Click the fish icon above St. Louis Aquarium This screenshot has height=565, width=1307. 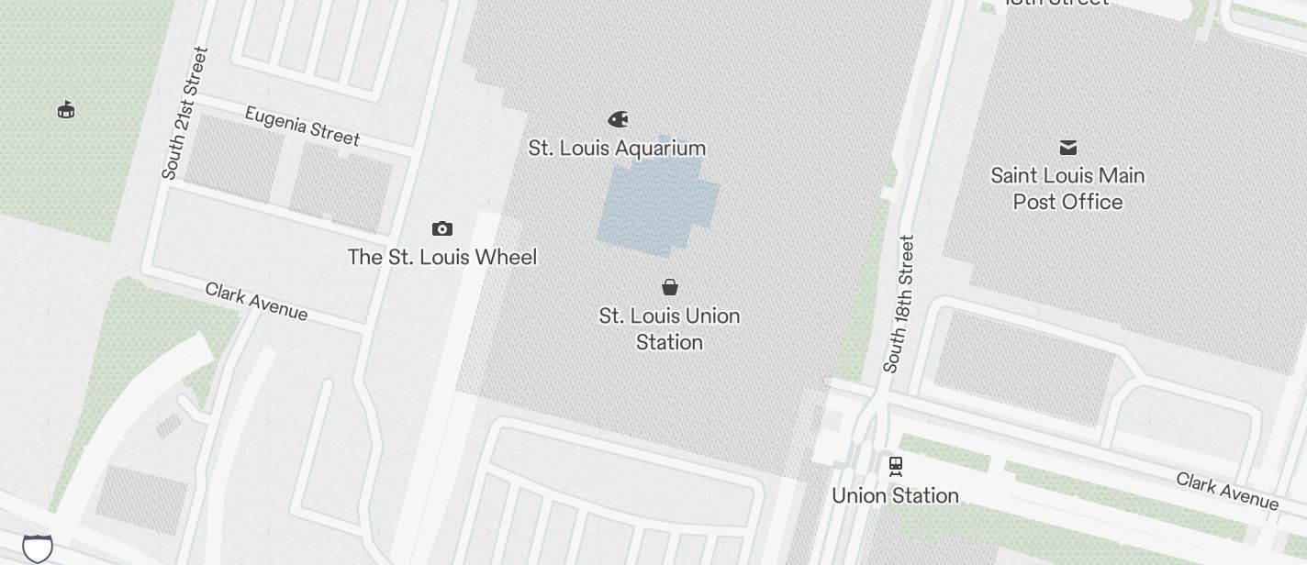(619, 119)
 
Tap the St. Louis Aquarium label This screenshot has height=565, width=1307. (617, 148)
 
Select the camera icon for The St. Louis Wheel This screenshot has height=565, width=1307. (442, 228)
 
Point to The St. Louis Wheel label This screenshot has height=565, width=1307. (441, 257)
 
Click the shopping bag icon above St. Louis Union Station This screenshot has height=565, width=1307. (670, 287)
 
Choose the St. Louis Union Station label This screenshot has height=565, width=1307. (669, 328)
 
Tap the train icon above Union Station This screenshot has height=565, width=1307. (896, 467)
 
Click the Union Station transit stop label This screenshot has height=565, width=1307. (895, 495)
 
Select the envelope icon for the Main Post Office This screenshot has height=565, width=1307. (1068, 147)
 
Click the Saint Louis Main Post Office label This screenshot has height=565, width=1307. (1067, 188)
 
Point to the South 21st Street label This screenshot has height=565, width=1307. (184, 113)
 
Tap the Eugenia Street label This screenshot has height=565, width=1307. (302, 126)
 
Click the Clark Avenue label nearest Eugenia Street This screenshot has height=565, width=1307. (256, 302)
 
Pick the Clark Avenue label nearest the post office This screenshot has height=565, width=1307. (1226, 491)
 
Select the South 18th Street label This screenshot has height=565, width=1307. (899, 305)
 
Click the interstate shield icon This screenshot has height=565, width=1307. (38, 548)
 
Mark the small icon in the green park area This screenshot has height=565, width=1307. (66, 110)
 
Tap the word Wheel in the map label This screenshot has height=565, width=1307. (505, 257)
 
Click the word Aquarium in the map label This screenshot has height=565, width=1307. (660, 148)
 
